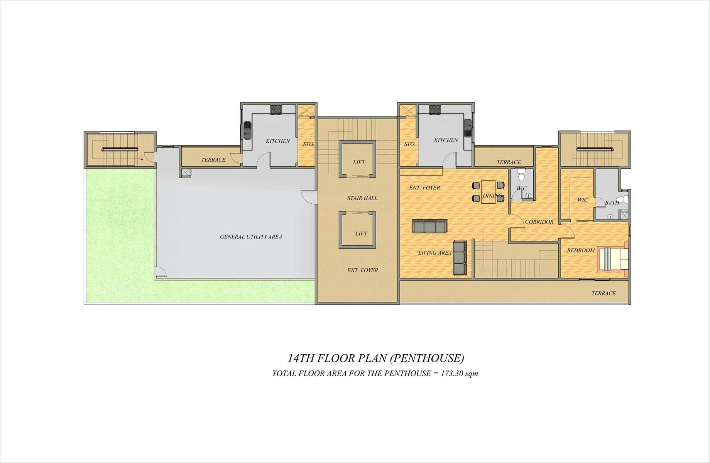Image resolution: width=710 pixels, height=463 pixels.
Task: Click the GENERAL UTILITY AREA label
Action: [x=251, y=237]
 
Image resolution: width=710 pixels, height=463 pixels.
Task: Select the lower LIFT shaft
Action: [x=357, y=230]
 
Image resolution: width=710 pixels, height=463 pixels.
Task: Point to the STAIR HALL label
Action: [x=362, y=198]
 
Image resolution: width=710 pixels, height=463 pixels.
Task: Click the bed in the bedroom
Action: [x=613, y=259]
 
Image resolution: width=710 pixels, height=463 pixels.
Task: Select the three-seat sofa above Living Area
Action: [x=429, y=226]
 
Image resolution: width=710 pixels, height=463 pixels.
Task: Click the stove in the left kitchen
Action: [x=276, y=109]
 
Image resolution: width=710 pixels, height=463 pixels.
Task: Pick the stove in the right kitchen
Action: [x=435, y=109]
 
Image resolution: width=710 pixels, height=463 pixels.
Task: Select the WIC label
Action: [x=583, y=200]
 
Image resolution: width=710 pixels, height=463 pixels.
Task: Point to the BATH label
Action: [x=612, y=203]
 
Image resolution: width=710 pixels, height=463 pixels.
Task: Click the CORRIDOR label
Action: [x=539, y=222]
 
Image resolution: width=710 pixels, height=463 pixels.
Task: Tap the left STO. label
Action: [x=308, y=144]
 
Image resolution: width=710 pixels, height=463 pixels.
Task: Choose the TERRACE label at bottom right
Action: [x=603, y=293]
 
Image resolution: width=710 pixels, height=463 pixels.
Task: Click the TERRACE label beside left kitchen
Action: [x=213, y=160]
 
